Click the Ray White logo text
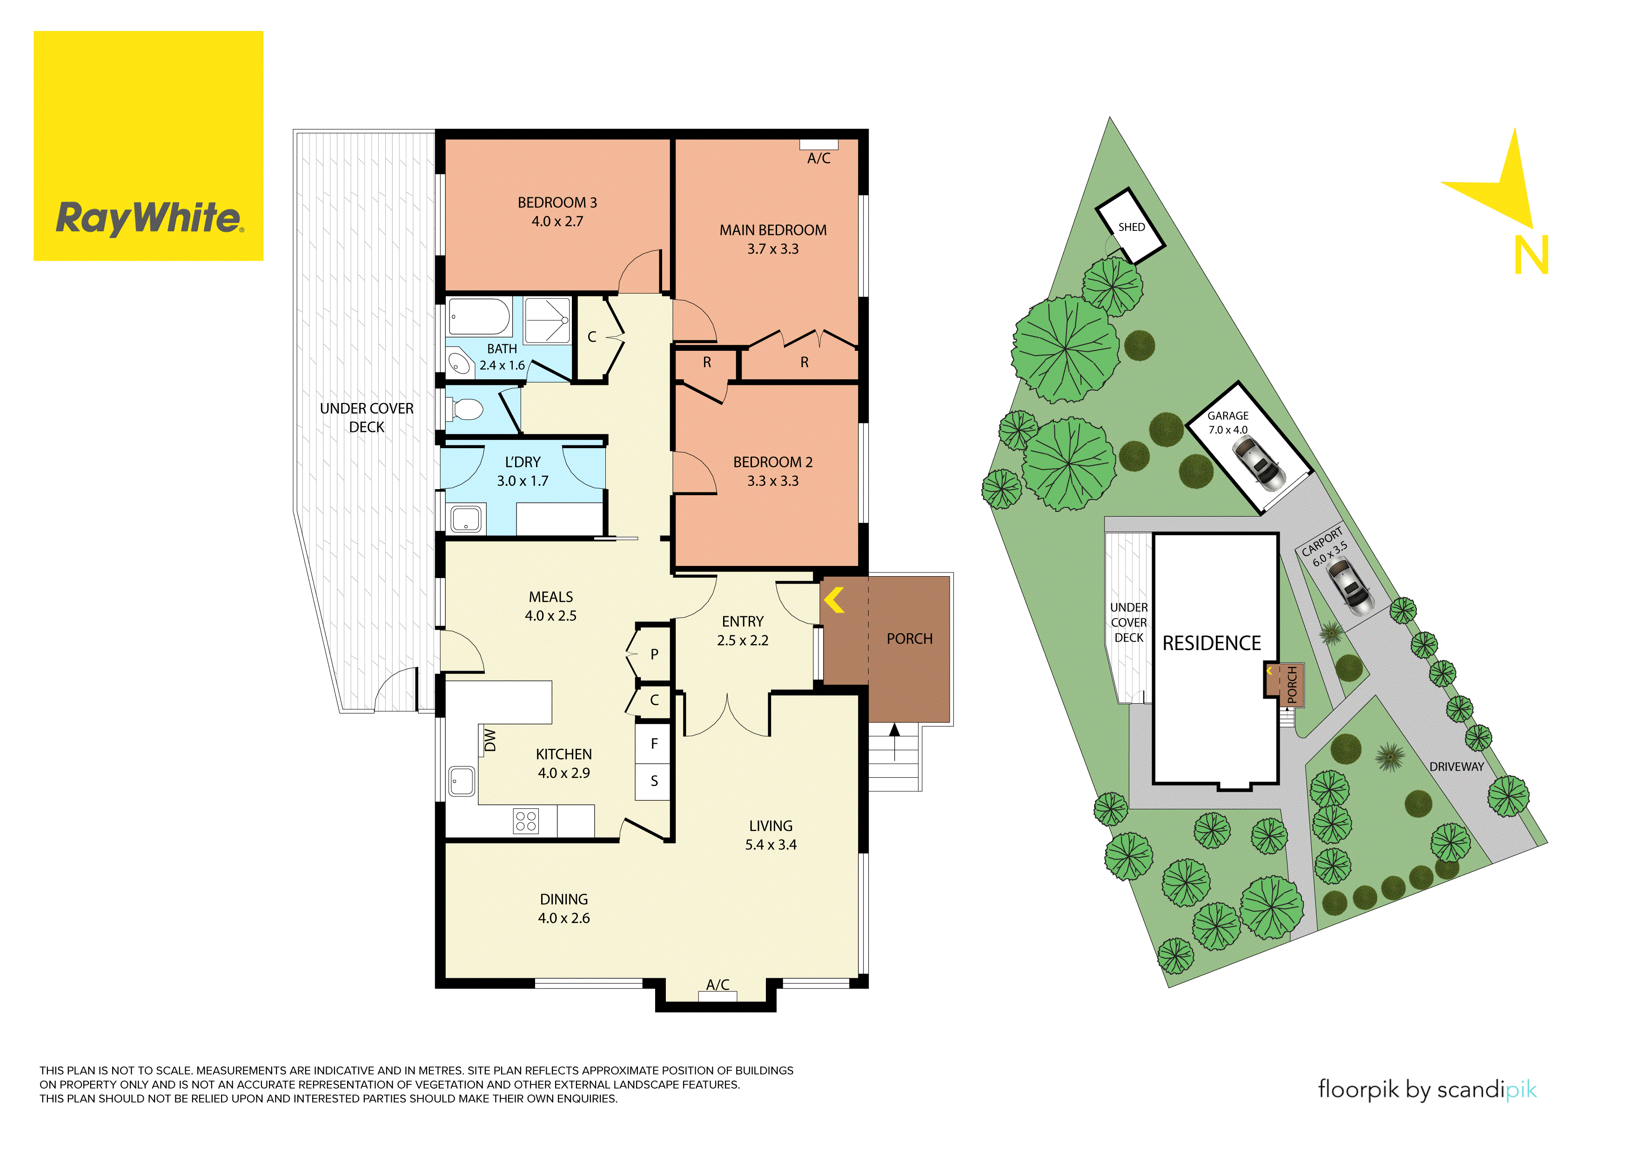click(x=149, y=218)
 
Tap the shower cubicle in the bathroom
click(x=547, y=320)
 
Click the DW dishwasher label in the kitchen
click(x=489, y=740)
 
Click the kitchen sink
click(x=462, y=780)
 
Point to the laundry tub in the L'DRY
click(x=466, y=519)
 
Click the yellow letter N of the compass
click(x=1531, y=255)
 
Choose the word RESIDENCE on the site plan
click(x=1211, y=643)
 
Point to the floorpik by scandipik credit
click(x=1427, y=1089)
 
